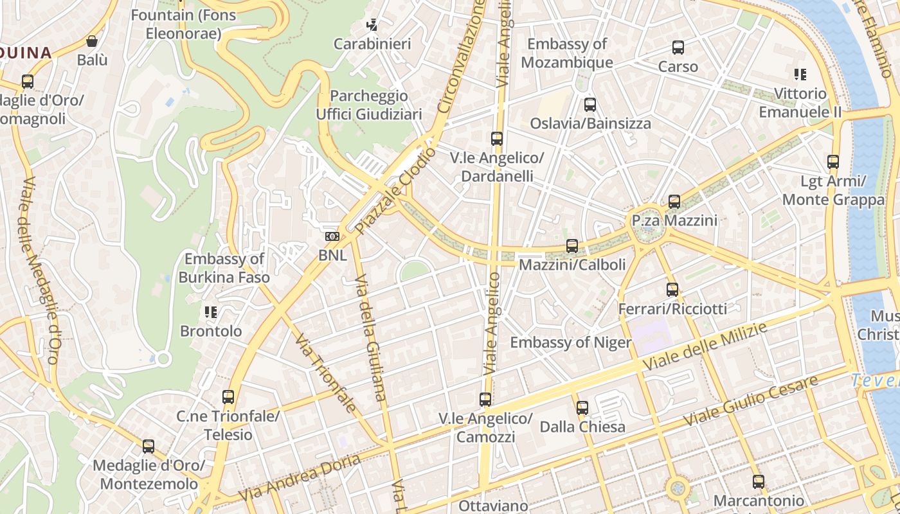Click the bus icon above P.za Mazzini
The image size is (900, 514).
pos(674,202)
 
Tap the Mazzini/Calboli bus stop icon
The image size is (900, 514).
pos(571,245)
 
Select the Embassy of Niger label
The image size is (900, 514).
pos(570,342)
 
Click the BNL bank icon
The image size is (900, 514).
pos(332,236)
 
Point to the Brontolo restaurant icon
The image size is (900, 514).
pos(210,312)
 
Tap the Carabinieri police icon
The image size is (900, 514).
pos(372,25)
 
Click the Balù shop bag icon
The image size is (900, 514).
pos(92,42)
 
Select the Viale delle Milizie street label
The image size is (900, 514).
pos(705,347)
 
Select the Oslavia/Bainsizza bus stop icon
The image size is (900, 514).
pos(589,105)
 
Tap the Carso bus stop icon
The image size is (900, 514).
pos(678,48)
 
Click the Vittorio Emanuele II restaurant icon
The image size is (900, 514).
pos(800,75)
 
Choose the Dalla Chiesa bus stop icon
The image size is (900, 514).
pos(582,407)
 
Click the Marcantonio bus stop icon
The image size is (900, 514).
pos(759,481)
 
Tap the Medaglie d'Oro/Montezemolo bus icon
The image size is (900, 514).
pos(148,446)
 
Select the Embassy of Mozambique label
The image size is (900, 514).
pos(566,53)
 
